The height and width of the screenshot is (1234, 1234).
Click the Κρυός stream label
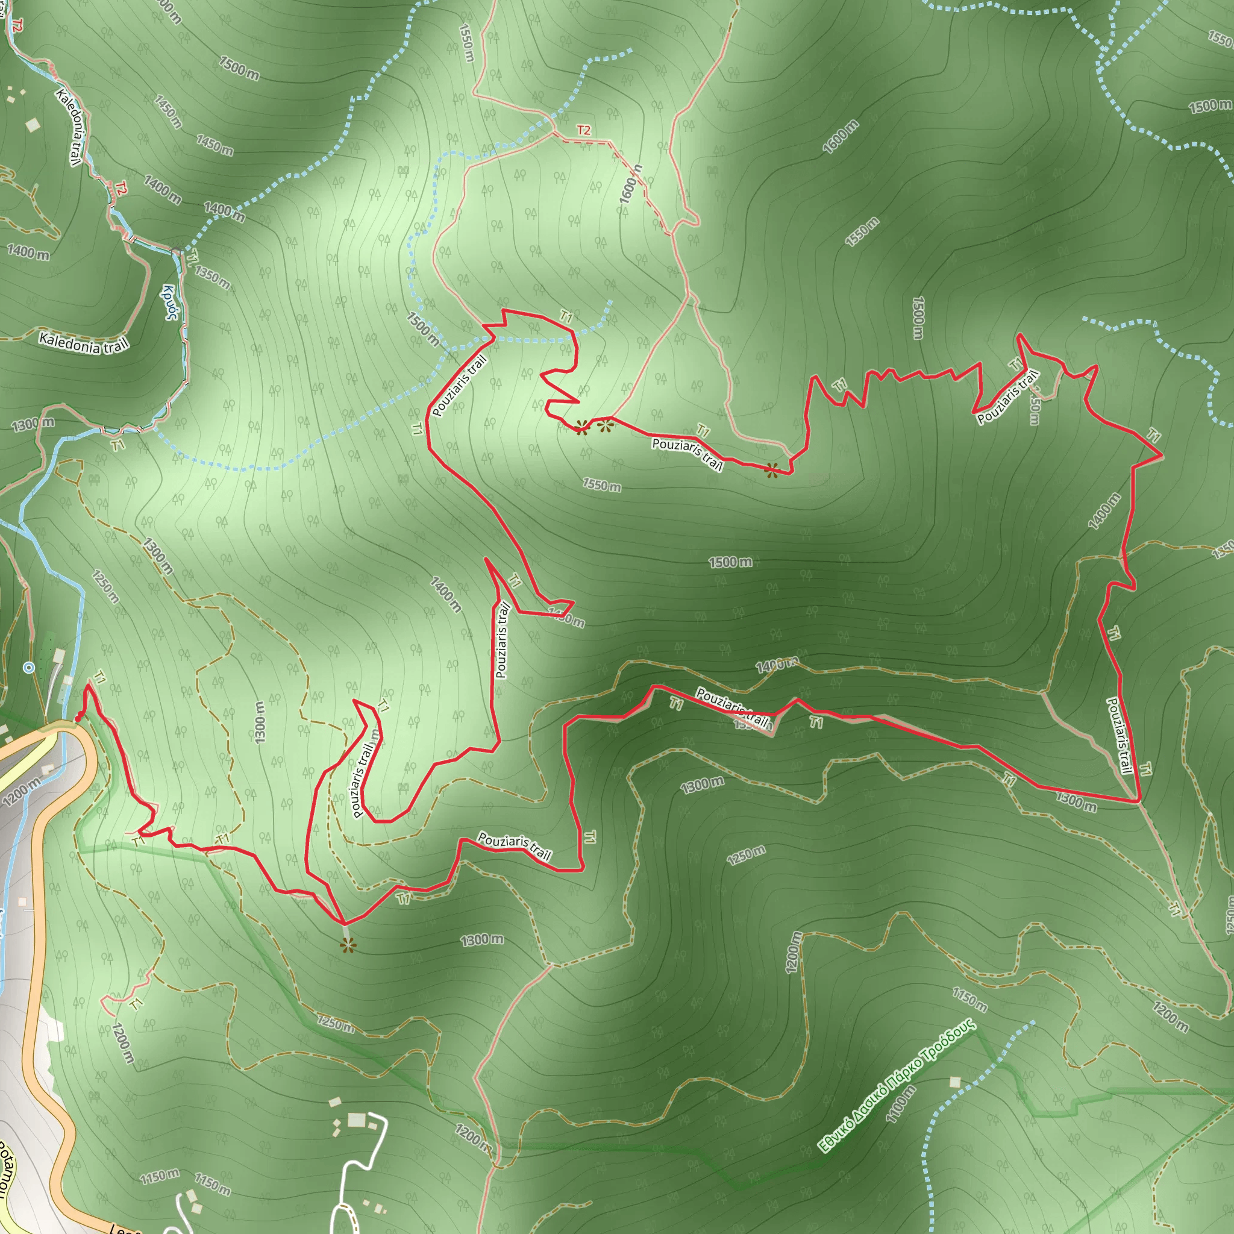pos(170,301)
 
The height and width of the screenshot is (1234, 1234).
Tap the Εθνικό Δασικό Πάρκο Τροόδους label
pos(897,1086)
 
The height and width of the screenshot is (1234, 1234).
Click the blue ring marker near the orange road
pos(28,668)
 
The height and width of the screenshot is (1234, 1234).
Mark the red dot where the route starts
pos(78,719)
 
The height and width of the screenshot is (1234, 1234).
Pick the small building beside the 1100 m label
pos(955,1082)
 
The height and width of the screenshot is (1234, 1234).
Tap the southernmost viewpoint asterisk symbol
pos(347,946)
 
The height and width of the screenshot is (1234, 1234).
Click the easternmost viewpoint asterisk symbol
pos(772,471)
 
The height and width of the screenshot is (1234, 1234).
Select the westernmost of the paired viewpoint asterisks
pos(582,427)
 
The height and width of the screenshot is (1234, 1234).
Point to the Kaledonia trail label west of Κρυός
pos(84,343)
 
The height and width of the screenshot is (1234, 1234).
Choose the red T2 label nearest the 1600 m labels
pos(584,130)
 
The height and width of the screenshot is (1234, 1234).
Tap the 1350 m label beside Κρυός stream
pos(212,277)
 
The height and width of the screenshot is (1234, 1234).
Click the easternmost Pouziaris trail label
pos(1119,735)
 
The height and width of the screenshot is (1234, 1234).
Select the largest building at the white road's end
pos(357,1120)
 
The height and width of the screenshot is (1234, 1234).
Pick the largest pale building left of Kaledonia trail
pos(33,125)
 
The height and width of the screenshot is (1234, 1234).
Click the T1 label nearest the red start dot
pos(99,677)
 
